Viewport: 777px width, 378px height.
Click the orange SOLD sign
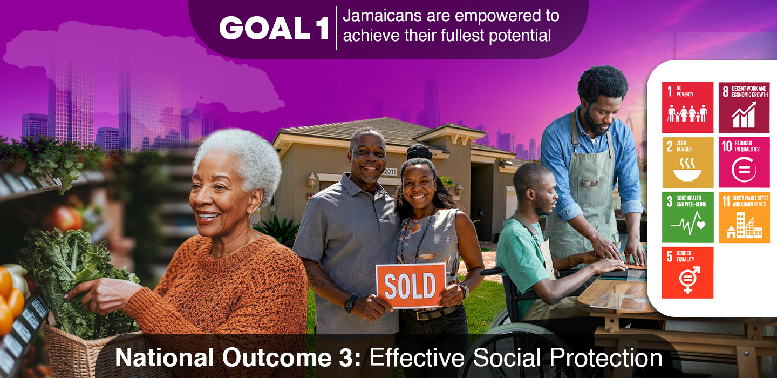pos(411,285)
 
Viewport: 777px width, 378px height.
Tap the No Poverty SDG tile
pos(687,107)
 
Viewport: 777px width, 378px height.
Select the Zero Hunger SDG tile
pos(687,163)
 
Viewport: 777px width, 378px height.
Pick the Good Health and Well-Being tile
pos(687,217)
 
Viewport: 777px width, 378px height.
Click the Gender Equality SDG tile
pos(687,273)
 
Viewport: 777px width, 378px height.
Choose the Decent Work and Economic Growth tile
pos(744,107)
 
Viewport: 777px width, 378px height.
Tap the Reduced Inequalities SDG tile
pos(744,163)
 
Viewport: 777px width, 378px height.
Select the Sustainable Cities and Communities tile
pos(744,217)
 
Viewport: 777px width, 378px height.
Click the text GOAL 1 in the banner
pos(274,28)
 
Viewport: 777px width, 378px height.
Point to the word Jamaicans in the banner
pos(382,16)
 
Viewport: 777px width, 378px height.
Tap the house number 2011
pos(390,172)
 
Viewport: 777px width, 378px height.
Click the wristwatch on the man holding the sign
pos(350,303)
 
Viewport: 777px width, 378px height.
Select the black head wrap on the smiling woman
pos(419,152)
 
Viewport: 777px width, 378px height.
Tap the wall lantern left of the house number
pos(312,180)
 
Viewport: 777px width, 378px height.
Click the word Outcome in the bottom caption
pos(277,357)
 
